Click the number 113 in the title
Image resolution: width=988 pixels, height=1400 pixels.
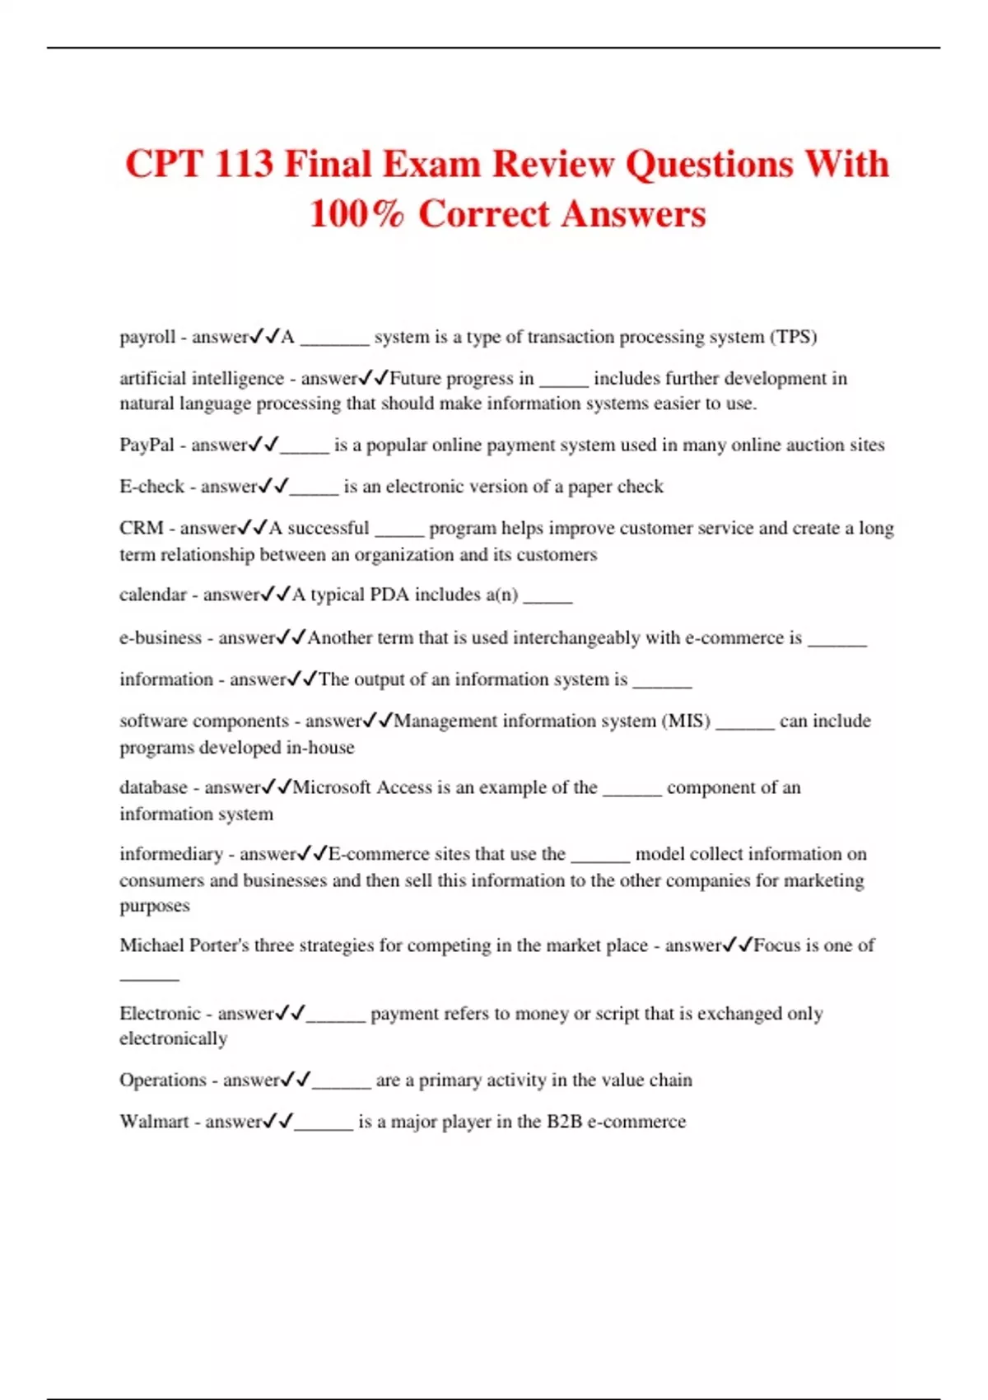tap(243, 164)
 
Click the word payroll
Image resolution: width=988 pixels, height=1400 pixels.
tap(147, 338)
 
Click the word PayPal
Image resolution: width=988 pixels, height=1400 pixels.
tap(147, 446)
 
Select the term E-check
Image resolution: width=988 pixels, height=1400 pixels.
tap(151, 487)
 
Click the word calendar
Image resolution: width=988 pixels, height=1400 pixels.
tap(152, 595)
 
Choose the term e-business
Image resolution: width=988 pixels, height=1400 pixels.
tap(161, 637)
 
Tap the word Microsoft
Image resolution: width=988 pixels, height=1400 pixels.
tap(332, 787)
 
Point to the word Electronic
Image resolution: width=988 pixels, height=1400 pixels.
tap(160, 1014)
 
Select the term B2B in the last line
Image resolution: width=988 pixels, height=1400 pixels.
tap(564, 1122)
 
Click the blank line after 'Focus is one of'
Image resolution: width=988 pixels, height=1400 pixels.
tap(149, 978)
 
